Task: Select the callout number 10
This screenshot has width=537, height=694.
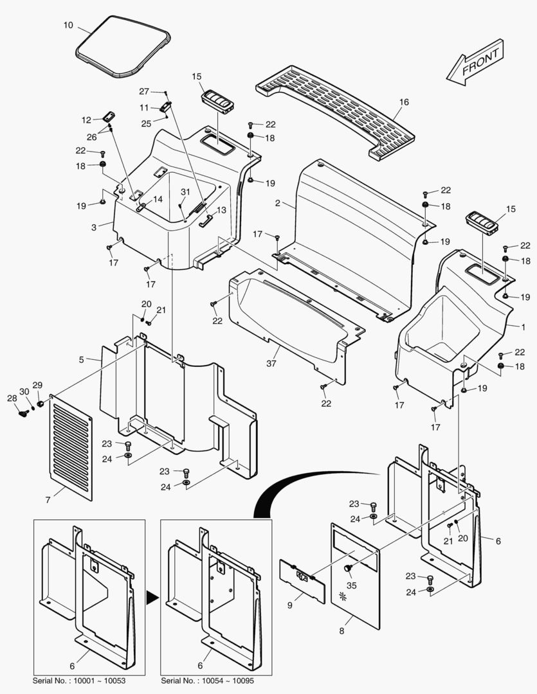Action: pos(68,25)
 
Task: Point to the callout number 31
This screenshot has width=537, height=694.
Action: pos(185,192)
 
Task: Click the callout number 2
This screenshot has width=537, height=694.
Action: pos(277,203)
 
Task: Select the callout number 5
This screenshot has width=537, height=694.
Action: pos(82,360)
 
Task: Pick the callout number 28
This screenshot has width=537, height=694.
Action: pos(12,398)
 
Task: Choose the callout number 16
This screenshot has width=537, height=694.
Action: pos(404,102)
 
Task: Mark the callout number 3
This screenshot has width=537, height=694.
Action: pos(93,227)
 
